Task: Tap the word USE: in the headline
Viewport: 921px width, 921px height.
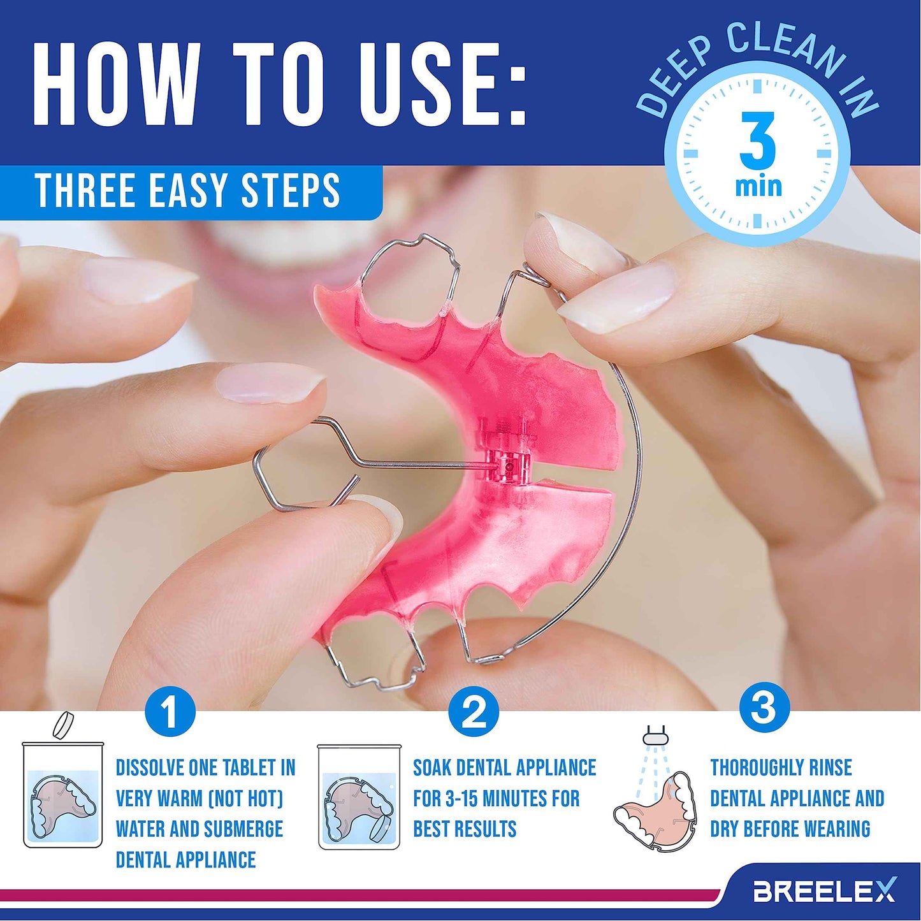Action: coord(442,84)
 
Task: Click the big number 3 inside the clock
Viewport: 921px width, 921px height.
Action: coord(757,141)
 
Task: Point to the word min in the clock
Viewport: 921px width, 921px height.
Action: coord(758,187)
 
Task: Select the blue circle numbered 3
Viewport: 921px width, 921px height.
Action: coord(764,707)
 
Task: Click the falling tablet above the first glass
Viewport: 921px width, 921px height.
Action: coord(63,725)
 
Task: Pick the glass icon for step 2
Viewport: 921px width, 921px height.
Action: coord(359,797)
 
